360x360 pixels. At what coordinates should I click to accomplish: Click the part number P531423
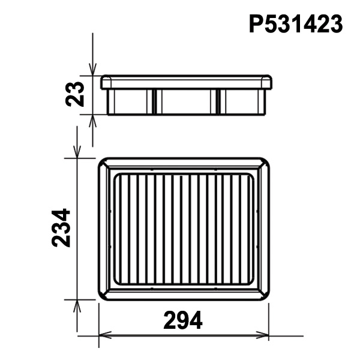click(x=296, y=24)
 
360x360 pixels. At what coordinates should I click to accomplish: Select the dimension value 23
click(x=75, y=94)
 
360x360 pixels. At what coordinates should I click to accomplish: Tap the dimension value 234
click(x=61, y=228)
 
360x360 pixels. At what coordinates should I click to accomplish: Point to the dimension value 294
click(x=183, y=320)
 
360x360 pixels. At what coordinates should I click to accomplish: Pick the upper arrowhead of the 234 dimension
click(x=77, y=152)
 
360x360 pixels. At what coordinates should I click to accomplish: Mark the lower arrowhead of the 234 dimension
click(x=77, y=306)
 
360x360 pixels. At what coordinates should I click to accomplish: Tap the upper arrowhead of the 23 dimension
click(x=92, y=69)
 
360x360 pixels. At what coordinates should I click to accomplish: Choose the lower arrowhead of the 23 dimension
click(x=92, y=121)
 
